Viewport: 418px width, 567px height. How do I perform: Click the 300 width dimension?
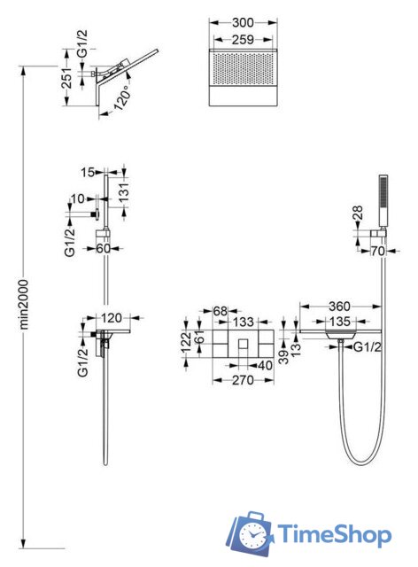click(243, 22)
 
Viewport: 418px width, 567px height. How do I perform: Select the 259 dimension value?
click(243, 39)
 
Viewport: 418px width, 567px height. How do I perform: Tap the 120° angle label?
click(121, 97)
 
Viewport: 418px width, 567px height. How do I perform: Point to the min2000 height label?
click(24, 304)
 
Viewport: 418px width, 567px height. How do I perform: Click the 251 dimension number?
click(66, 78)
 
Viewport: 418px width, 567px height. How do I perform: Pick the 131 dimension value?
click(124, 192)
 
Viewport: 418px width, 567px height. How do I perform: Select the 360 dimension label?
click(339, 307)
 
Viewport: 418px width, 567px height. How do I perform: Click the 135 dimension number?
click(339, 321)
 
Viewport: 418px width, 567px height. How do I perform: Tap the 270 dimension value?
click(243, 380)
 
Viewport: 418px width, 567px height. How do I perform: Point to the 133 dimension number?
click(243, 322)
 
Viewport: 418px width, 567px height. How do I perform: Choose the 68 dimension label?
click(221, 311)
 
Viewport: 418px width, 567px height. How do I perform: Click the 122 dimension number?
click(186, 342)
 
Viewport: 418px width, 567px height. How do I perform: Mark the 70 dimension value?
click(377, 251)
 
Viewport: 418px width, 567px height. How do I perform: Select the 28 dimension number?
click(357, 213)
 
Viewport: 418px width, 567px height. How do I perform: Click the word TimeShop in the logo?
click(334, 535)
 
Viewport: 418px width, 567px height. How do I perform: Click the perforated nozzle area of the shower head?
click(243, 69)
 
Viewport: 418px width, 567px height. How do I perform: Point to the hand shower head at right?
click(383, 202)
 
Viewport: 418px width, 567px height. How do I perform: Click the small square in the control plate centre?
click(243, 343)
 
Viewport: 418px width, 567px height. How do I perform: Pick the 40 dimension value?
click(265, 365)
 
